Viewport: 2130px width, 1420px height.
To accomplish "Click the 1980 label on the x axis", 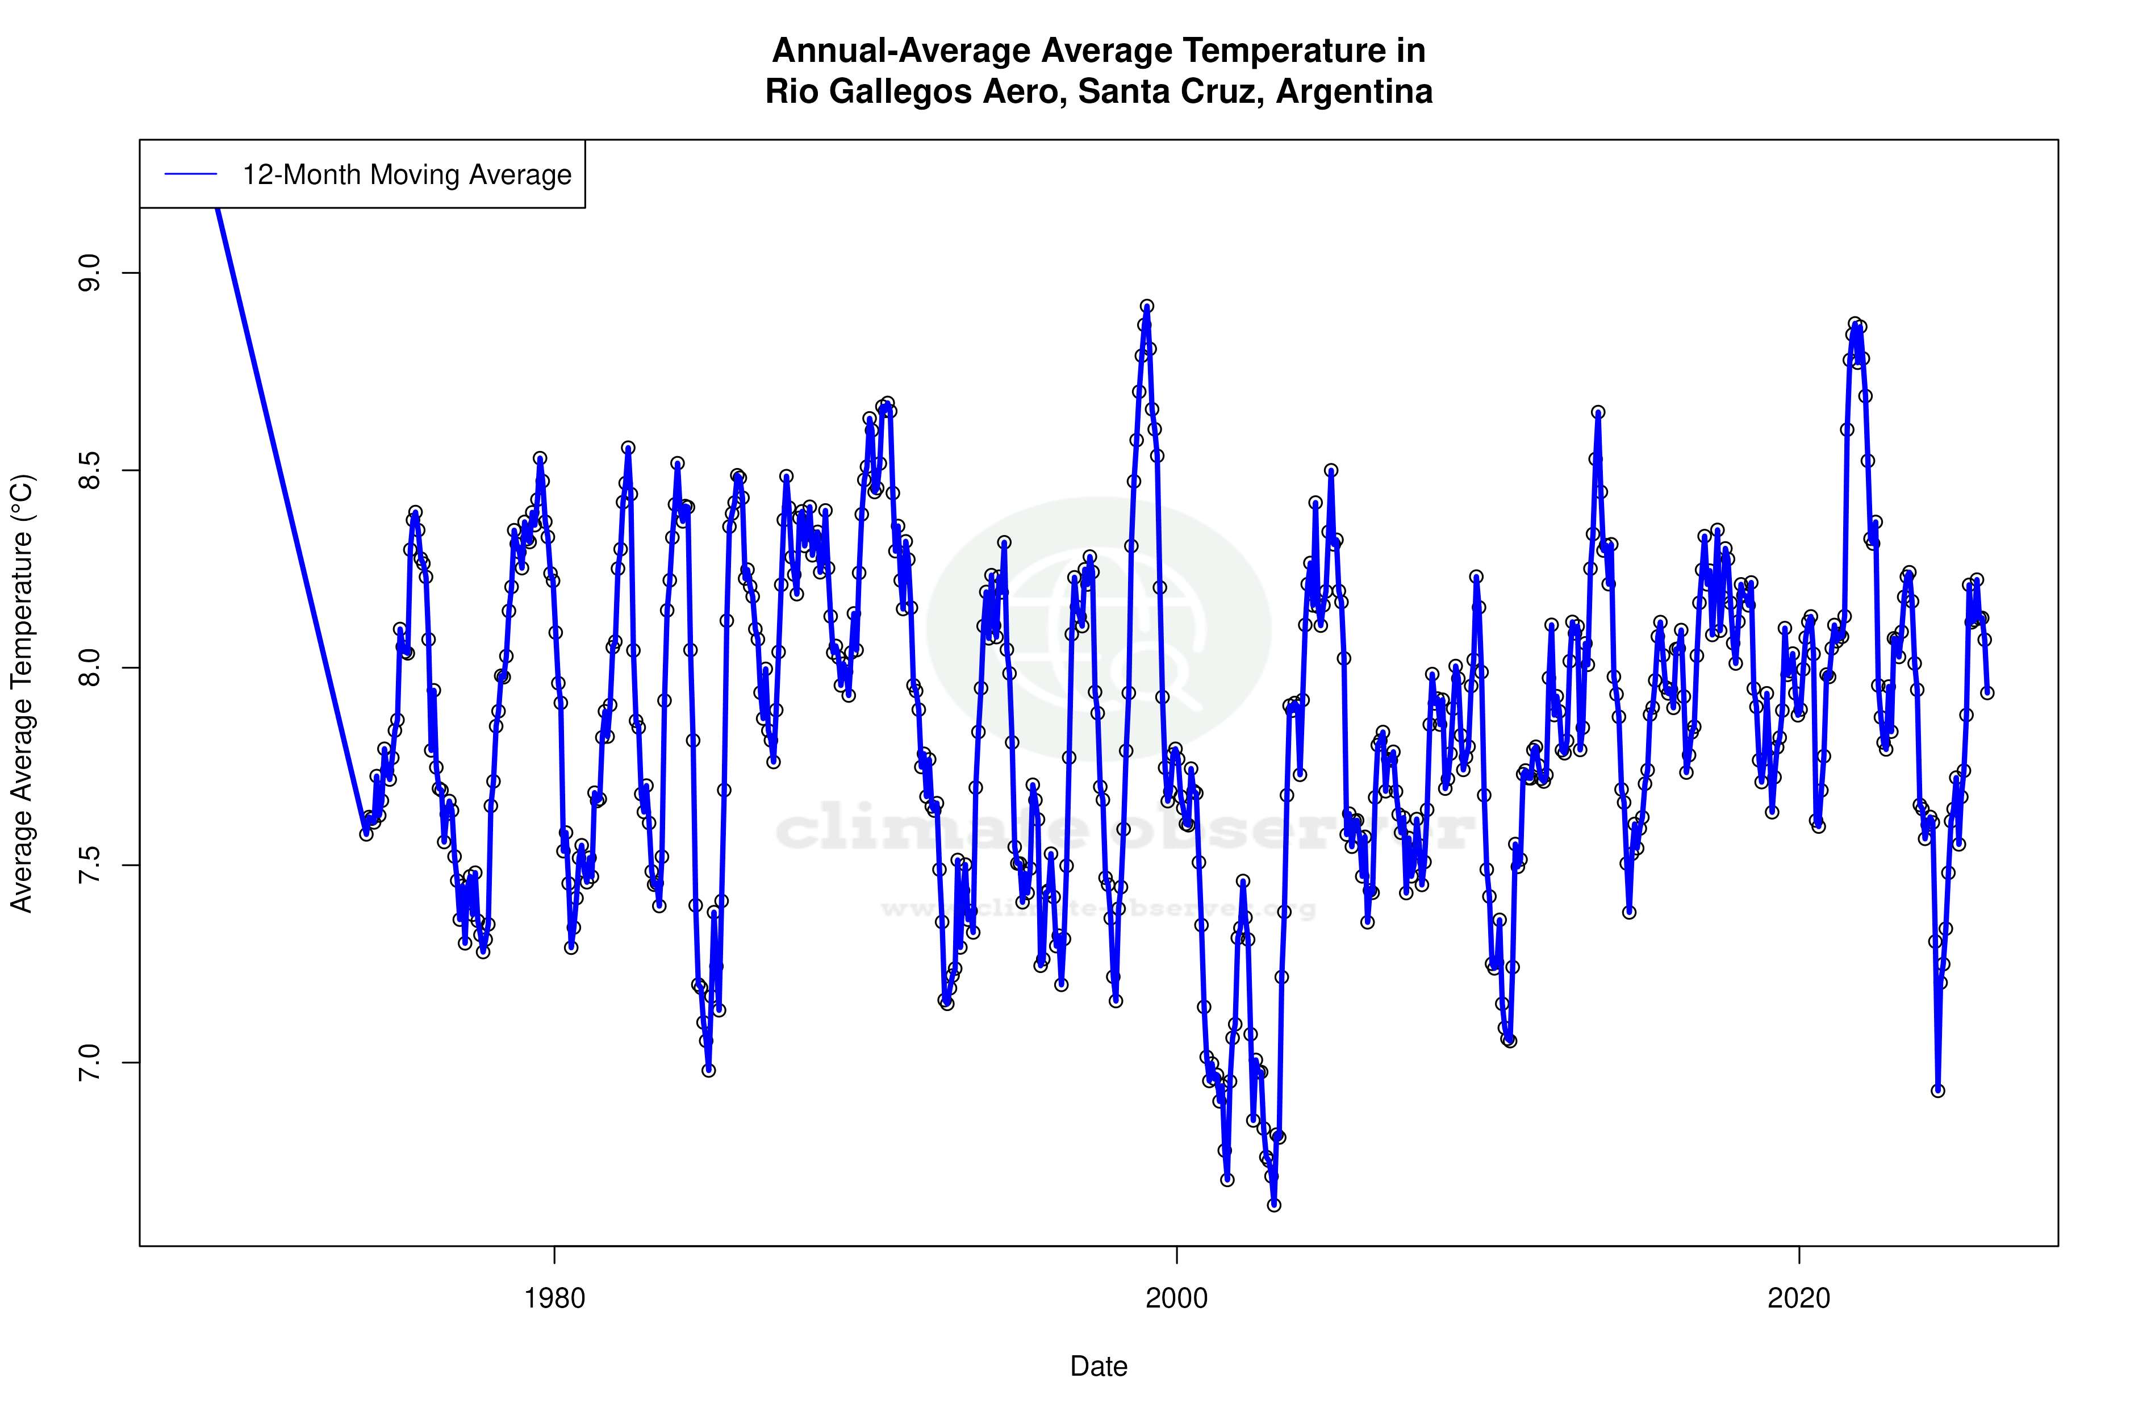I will [554, 1298].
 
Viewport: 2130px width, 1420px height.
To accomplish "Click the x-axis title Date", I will [1099, 1367].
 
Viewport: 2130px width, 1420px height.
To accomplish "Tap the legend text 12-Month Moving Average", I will [407, 175].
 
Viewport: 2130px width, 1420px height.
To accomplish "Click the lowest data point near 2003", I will [1274, 1205].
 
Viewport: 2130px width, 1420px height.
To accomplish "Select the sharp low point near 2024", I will [1938, 1091].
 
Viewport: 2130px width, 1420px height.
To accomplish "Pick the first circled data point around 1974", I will [366, 834].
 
